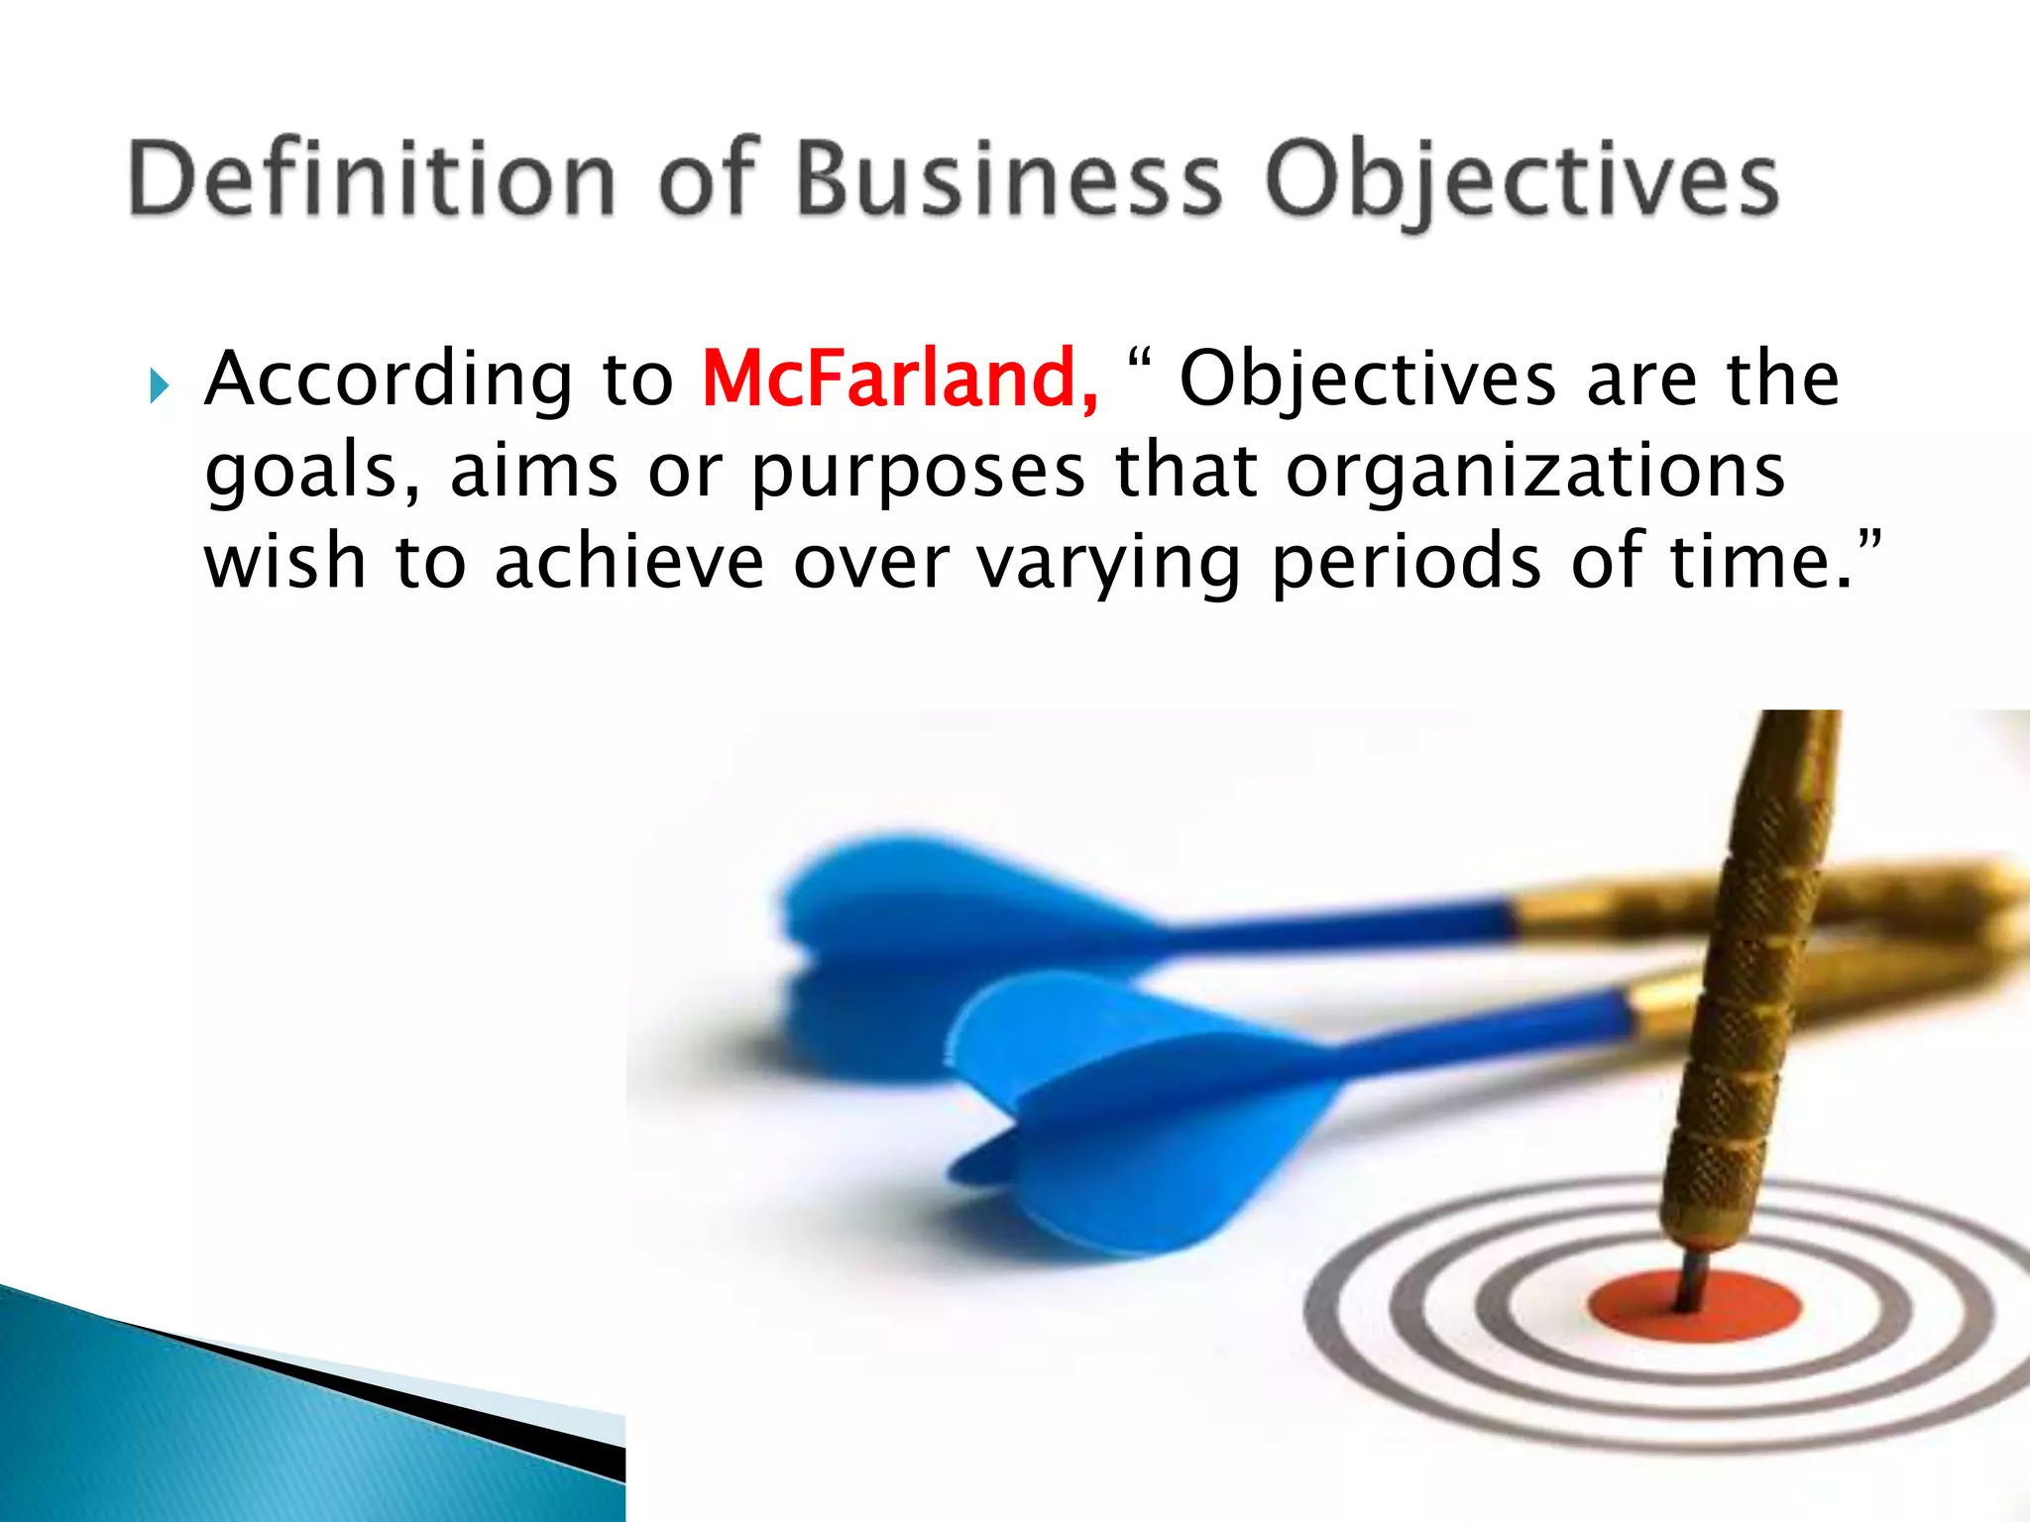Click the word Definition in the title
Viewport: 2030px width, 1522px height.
(372, 178)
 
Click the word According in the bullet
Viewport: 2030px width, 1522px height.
(388, 380)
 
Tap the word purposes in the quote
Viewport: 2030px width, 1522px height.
(918, 474)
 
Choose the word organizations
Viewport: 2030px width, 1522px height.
(1535, 472)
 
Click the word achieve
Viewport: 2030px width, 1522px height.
(629, 562)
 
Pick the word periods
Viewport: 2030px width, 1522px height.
(1407, 563)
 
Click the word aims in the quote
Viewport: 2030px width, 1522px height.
(534, 472)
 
